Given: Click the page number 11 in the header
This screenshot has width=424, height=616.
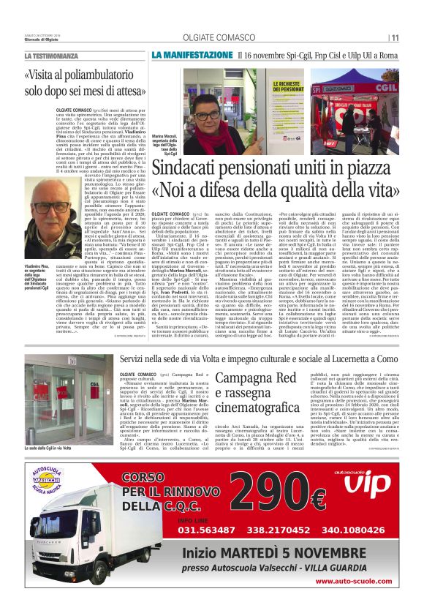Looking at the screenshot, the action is pyautogui.click(x=395, y=38).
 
